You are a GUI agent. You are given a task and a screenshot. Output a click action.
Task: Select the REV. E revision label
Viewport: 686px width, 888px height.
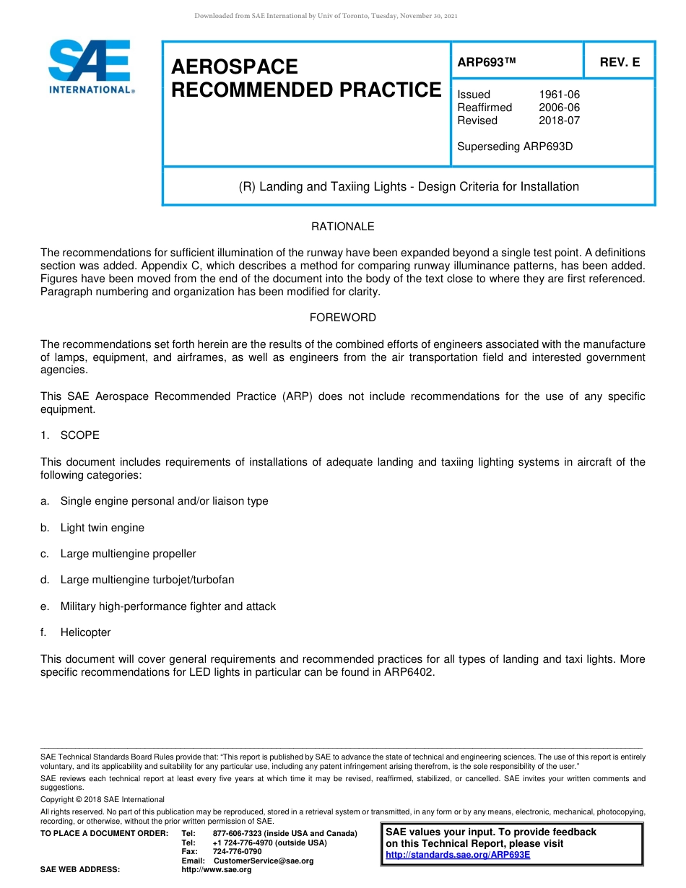click(x=620, y=63)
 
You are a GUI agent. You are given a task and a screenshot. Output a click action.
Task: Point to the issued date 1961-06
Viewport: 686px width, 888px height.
click(x=559, y=95)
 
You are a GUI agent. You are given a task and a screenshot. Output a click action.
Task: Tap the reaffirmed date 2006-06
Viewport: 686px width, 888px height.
click(x=559, y=108)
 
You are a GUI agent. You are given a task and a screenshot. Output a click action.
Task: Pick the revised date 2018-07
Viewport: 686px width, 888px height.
click(x=559, y=121)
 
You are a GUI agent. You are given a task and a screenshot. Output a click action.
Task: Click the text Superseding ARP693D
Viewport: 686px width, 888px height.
click(x=515, y=147)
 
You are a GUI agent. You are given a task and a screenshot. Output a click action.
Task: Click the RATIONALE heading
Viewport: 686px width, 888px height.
click(x=342, y=227)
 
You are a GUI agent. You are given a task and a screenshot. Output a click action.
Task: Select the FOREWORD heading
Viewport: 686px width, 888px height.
click(x=342, y=318)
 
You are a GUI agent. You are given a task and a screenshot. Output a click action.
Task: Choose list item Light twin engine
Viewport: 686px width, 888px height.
click(x=102, y=528)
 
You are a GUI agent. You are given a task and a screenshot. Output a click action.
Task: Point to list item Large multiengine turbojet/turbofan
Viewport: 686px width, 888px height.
click(x=147, y=580)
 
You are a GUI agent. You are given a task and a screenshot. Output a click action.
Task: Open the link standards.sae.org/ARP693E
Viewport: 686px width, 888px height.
click(x=458, y=855)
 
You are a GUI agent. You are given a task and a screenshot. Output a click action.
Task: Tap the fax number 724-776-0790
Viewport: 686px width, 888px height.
click(x=237, y=852)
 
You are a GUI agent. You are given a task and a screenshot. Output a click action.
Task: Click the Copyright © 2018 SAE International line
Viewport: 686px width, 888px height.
click(x=103, y=799)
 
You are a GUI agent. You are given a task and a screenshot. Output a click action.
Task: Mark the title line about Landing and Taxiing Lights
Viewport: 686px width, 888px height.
click(x=409, y=187)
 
